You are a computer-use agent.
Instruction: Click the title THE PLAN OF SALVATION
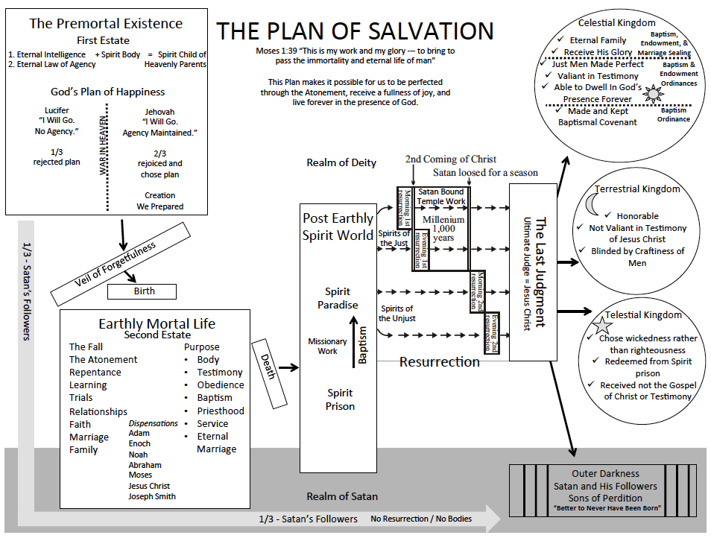(x=355, y=31)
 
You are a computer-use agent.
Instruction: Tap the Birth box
(x=144, y=291)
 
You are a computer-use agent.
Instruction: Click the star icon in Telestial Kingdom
(x=601, y=326)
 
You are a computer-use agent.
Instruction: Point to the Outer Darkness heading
(x=605, y=473)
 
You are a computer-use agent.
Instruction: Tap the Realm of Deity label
(x=341, y=162)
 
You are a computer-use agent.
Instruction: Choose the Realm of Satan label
(x=342, y=496)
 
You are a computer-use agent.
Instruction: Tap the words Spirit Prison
(x=340, y=399)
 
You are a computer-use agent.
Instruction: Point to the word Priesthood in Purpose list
(x=221, y=411)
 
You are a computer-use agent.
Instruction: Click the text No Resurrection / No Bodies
(x=421, y=519)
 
